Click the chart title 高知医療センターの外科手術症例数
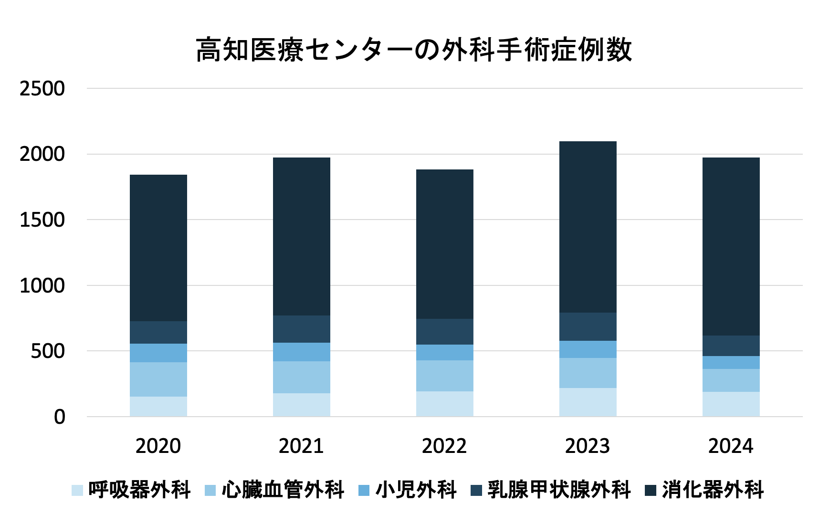pyautogui.click(x=413, y=50)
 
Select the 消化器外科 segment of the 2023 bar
pyautogui.click(x=588, y=227)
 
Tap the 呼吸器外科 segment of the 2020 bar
pyautogui.click(x=158, y=406)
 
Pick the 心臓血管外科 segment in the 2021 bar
pyautogui.click(x=302, y=377)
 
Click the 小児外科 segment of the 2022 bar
pyautogui.click(x=445, y=352)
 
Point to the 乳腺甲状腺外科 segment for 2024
pyautogui.click(x=731, y=346)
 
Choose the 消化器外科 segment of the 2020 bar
pyautogui.click(x=158, y=248)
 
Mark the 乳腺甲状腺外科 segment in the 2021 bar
pyautogui.click(x=302, y=329)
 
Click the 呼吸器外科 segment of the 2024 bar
pyautogui.click(x=731, y=404)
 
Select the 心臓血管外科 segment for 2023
pyautogui.click(x=588, y=373)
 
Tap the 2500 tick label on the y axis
pyautogui.click(x=42, y=89)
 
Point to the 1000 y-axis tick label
pyautogui.click(x=42, y=286)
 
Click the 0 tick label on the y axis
pyautogui.click(x=59, y=417)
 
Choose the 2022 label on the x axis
pyautogui.click(x=444, y=446)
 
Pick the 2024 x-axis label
pyautogui.click(x=730, y=446)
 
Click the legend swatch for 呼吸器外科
pyautogui.click(x=77, y=490)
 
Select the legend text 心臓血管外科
pyautogui.click(x=283, y=490)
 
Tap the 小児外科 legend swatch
pyautogui.click(x=364, y=490)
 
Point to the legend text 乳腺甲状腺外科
pyautogui.click(x=559, y=490)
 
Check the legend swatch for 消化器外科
pyautogui.click(x=651, y=490)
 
